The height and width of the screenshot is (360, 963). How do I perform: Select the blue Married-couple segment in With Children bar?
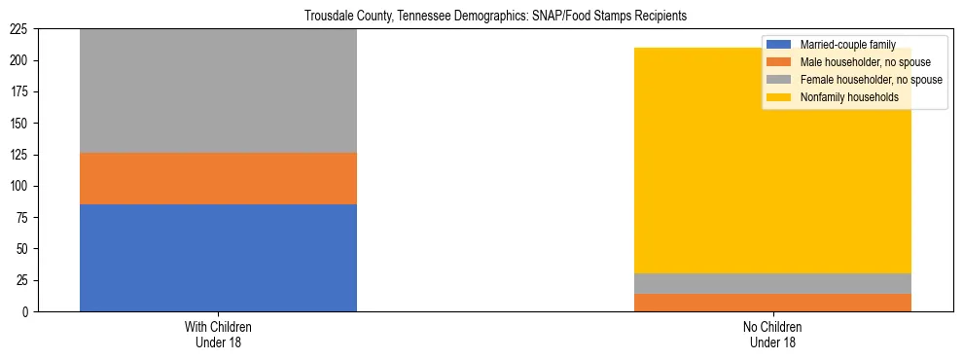click(x=218, y=258)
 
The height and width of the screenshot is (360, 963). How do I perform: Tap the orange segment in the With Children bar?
click(x=218, y=178)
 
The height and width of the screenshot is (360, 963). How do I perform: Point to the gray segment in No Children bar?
click(x=772, y=283)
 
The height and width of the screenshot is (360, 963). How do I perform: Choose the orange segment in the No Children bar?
click(x=772, y=303)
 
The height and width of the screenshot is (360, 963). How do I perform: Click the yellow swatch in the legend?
click(x=778, y=97)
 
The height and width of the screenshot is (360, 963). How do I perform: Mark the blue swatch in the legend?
click(x=778, y=45)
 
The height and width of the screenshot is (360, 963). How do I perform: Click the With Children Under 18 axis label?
click(x=218, y=334)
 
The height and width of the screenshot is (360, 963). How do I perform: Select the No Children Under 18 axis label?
click(x=772, y=334)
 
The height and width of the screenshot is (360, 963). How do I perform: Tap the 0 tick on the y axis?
click(x=29, y=311)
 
